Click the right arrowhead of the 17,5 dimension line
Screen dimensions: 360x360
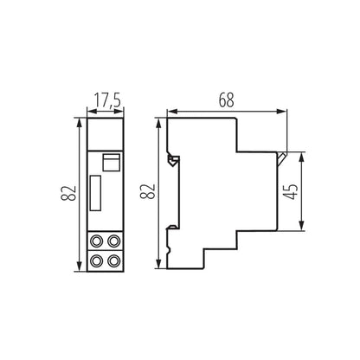(122, 111)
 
